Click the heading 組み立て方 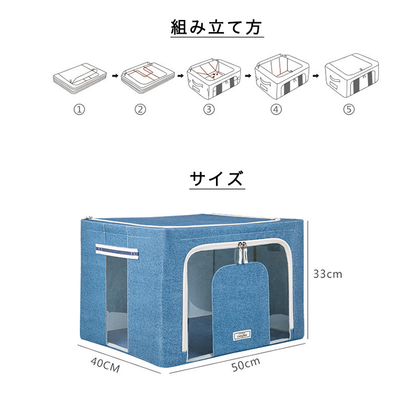[217, 27]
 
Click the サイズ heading [216, 178]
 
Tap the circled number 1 [79, 109]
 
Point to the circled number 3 [209, 109]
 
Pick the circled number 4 [276, 109]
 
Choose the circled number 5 [348, 109]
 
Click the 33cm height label [327, 273]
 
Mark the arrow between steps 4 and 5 [315, 74]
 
